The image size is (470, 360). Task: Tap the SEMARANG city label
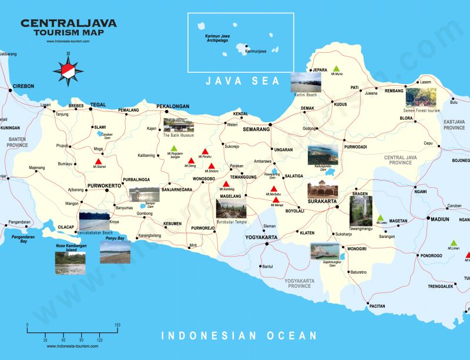click(253, 129)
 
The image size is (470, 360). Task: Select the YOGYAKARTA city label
click(261, 237)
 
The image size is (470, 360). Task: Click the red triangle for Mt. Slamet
click(99, 162)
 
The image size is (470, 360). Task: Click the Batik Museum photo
click(178, 125)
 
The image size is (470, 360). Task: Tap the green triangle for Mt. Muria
click(336, 69)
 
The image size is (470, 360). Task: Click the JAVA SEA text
click(243, 82)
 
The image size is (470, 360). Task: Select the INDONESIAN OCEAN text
click(239, 336)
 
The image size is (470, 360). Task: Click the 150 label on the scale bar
click(117, 325)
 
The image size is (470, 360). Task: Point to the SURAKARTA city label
click(323, 201)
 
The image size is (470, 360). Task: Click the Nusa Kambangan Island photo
click(70, 263)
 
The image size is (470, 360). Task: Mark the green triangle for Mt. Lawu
click(380, 217)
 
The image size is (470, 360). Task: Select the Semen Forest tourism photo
click(421, 97)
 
